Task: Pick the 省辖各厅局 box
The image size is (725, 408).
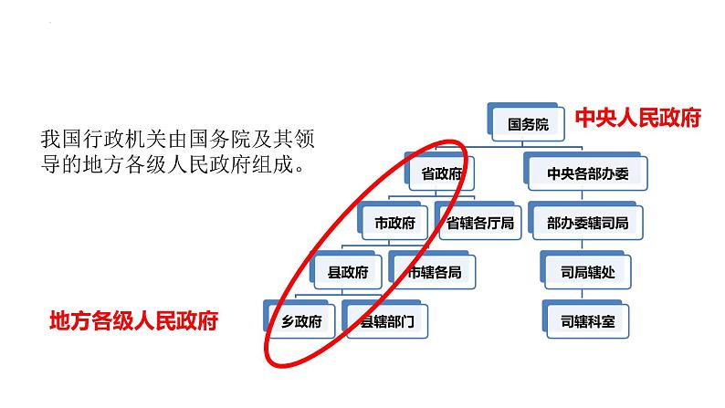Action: pos(478,222)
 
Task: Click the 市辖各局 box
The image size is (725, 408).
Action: pos(434,271)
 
